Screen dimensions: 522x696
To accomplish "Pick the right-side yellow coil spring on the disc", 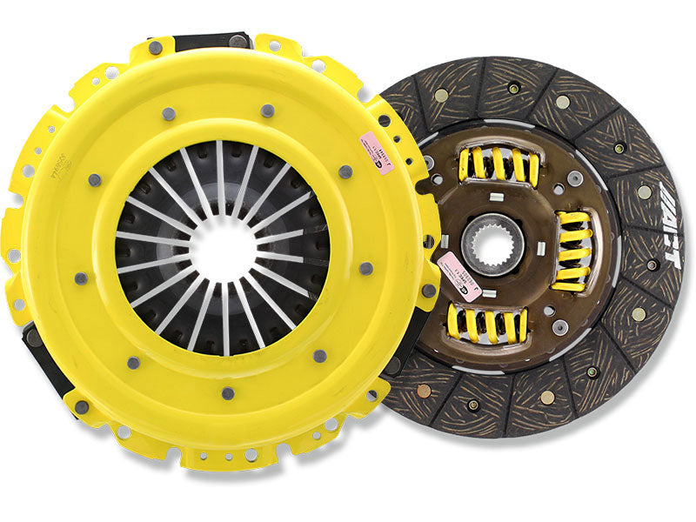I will click(572, 251).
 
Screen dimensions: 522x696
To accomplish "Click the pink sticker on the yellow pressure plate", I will click(380, 143).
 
